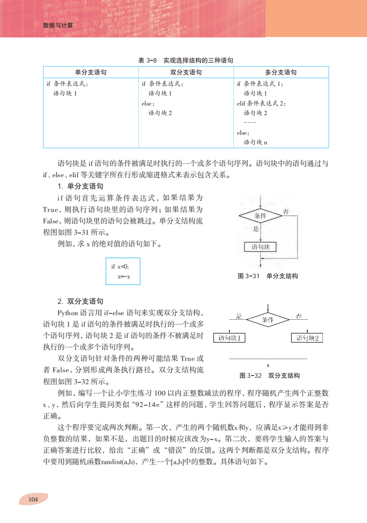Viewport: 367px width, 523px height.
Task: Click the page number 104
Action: click(33, 499)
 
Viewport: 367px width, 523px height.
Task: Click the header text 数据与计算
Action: click(58, 26)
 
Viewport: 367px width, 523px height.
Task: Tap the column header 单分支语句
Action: click(91, 72)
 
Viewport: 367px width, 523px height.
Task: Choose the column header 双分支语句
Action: click(186, 72)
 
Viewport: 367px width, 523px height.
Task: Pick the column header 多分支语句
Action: click(281, 72)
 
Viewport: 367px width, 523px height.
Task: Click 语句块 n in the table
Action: click(255, 142)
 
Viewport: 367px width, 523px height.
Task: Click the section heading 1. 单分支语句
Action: click(80, 186)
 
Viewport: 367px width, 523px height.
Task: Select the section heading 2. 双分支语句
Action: click(80, 301)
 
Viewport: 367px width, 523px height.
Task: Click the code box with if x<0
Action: click(123, 271)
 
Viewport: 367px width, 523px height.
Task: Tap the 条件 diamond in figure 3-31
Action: click(260, 215)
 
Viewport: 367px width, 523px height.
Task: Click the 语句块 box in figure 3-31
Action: click(260, 247)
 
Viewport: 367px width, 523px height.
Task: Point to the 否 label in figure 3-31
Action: click(285, 211)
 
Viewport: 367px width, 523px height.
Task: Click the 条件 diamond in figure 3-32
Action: click(268, 319)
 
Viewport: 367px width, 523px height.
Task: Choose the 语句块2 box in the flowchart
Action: click(307, 338)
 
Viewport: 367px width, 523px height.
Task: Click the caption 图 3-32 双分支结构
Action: click(269, 375)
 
